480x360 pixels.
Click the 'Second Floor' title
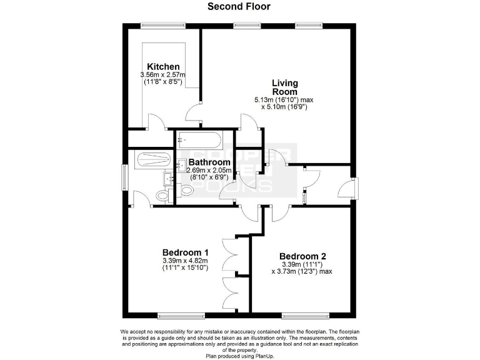tap(239, 7)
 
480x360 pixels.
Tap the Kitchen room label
tap(163, 67)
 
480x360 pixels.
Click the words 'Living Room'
tap(284, 87)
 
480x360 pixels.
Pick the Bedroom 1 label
tap(184, 252)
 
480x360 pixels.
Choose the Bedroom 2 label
tap(302, 256)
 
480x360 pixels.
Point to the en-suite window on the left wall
tap(124, 178)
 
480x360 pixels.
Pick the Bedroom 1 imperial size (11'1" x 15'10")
tap(184, 267)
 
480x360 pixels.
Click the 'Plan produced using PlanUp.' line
tap(239, 356)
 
